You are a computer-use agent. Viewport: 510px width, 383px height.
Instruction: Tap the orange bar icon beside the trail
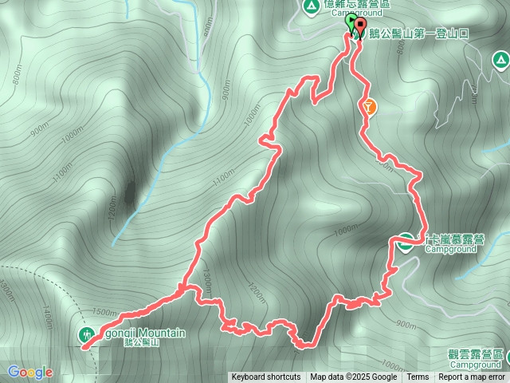point(368,105)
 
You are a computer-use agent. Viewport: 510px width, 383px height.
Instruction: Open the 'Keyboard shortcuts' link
point(266,377)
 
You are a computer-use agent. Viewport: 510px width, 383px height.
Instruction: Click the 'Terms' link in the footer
point(418,377)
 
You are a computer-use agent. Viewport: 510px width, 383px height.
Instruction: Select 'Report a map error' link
point(472,377)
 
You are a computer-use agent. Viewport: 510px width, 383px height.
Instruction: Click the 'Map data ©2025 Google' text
point(354,377)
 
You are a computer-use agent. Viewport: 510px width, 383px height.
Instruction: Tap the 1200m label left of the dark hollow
point(112,207)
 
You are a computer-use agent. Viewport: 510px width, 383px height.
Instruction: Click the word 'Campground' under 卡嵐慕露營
point(450,249)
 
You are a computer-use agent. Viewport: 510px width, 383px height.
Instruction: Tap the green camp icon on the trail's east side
point(405,242)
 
